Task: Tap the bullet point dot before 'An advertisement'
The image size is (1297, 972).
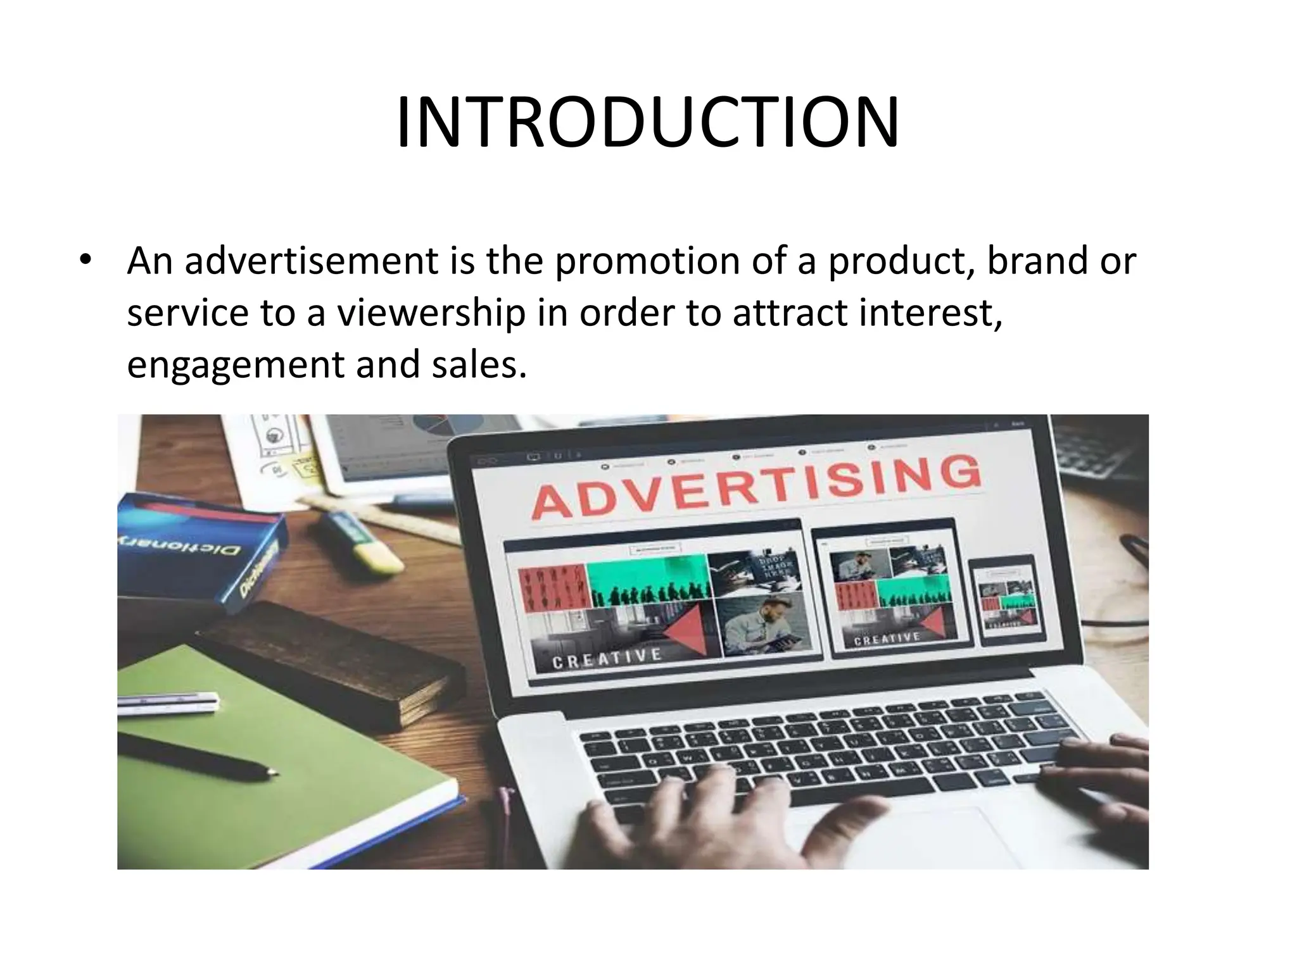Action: click(x=85, y=260)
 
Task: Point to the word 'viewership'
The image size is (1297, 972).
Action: click(x=431, y=313)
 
